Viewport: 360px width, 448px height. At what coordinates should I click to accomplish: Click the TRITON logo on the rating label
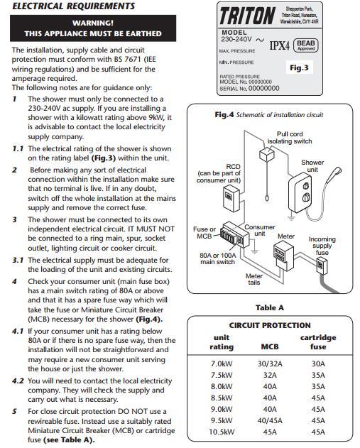click(x=247, y=16)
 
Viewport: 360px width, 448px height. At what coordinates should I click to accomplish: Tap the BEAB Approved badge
click(x=306, y=45)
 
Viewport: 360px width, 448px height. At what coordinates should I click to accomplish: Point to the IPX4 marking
click(x=280, y=45)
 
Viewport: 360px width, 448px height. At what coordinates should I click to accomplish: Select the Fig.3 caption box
click(x=299, y=67)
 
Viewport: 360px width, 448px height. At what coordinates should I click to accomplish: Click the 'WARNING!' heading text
click(x=93, y=23)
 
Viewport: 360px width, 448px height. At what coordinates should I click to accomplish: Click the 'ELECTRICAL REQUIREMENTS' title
click(x=73, y=6)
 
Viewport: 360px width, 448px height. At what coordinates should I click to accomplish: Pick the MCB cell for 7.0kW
click(x=270, y=364)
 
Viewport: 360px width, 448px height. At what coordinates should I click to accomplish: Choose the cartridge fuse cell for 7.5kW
click(x=318, y=375)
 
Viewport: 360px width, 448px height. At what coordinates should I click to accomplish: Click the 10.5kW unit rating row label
click(x=222, y=432)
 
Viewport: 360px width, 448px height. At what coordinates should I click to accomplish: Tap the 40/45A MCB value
click(x=270, y=420)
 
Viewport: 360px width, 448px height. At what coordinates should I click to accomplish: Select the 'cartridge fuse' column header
click(x=318, y=342)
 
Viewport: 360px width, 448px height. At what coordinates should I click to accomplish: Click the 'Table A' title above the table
click(x=270, y=307)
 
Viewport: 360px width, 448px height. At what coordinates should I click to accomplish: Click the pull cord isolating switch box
click(x=266, y=155)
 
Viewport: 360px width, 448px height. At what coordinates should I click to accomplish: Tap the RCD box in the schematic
click(x=231, y=198)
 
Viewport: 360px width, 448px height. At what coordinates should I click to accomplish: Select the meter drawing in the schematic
click(x=283, y=256)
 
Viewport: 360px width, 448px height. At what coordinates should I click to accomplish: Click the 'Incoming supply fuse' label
click(x=322, y=246)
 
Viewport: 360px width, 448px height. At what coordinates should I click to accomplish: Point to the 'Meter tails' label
click(x=254, y=279)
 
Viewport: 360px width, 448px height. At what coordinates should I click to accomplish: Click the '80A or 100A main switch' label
click(x=218, y=258)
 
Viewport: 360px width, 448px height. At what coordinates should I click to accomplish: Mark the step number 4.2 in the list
click(x=18, y=381)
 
